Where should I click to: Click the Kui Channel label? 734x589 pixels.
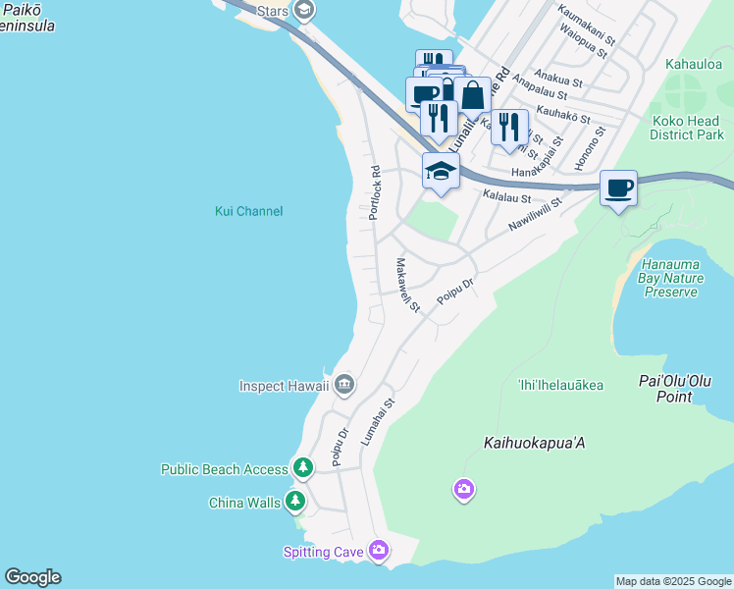click(x=248, y=211)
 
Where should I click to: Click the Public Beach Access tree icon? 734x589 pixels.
click(x=304, y=469)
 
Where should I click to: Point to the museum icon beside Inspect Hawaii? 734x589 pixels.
click(x=343, y=385)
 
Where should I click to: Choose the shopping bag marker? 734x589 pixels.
click(x=472, y=96)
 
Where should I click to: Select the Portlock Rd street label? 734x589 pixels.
click(x=375, y=191)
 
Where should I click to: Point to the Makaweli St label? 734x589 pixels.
click(x=407, y=286)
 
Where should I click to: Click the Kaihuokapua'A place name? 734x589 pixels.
click(x=535, y=443)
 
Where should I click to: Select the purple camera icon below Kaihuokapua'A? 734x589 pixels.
click(x=464, y=488)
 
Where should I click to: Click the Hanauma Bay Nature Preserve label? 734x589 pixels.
click(x=672, y=278)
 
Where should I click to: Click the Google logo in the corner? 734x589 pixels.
click(x=32, y=577)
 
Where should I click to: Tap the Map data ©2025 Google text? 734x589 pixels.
click(x=672, y=581)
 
